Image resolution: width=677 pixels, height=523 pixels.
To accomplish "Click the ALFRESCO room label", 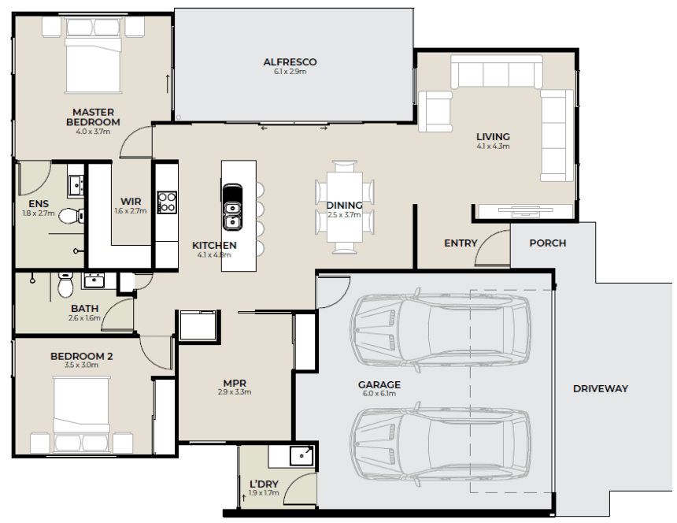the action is [x=290, y=61].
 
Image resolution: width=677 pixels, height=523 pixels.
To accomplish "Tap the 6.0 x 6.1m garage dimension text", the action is [x=379, y=394].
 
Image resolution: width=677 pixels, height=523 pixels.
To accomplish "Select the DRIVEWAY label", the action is [x=600, y=388].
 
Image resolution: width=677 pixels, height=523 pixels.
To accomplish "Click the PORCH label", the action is [x=547, y=243].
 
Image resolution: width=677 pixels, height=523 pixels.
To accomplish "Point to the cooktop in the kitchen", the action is [x=167, y=202].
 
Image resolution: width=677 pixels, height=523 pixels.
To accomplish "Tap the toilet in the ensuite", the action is [x=71, y=216].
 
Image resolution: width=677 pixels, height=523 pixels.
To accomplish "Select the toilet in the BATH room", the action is [x=65, y=285].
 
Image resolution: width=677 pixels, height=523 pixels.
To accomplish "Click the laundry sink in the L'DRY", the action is [x=302, y=456].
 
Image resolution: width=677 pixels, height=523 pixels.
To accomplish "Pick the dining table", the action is [x=345, y=207].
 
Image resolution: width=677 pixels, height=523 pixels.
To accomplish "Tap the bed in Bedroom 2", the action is [x=82, y=414].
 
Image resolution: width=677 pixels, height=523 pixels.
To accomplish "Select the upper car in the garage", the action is [x=440, y=331].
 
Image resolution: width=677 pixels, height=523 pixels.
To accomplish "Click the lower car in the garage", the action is [x=440, y=444].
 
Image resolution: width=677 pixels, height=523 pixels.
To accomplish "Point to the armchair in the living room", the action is [x=435, y=111].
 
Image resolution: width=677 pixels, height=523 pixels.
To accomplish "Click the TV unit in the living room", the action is [x=525, y=210].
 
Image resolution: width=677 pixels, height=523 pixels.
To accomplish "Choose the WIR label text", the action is [x=131, y=202].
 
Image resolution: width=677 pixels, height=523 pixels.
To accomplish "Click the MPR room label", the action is [x=235, y=383].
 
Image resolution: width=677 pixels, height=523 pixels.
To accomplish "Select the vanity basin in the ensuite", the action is [x=76, y=187].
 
